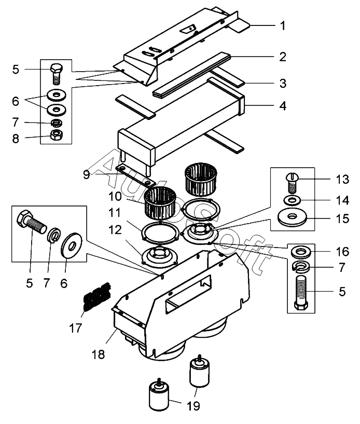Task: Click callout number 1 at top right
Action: pyautogui.click(x=283, y=25)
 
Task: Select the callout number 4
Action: pyautogui.click(x=283, y=106)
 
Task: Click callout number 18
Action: pyautogui.click(x=98, y=354)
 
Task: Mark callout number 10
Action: pyautogui.click(x=115, y=196)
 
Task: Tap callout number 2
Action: pyautogui.click(x=283, y=57)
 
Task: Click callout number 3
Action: pyautogui.click(x=283, y=83)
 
